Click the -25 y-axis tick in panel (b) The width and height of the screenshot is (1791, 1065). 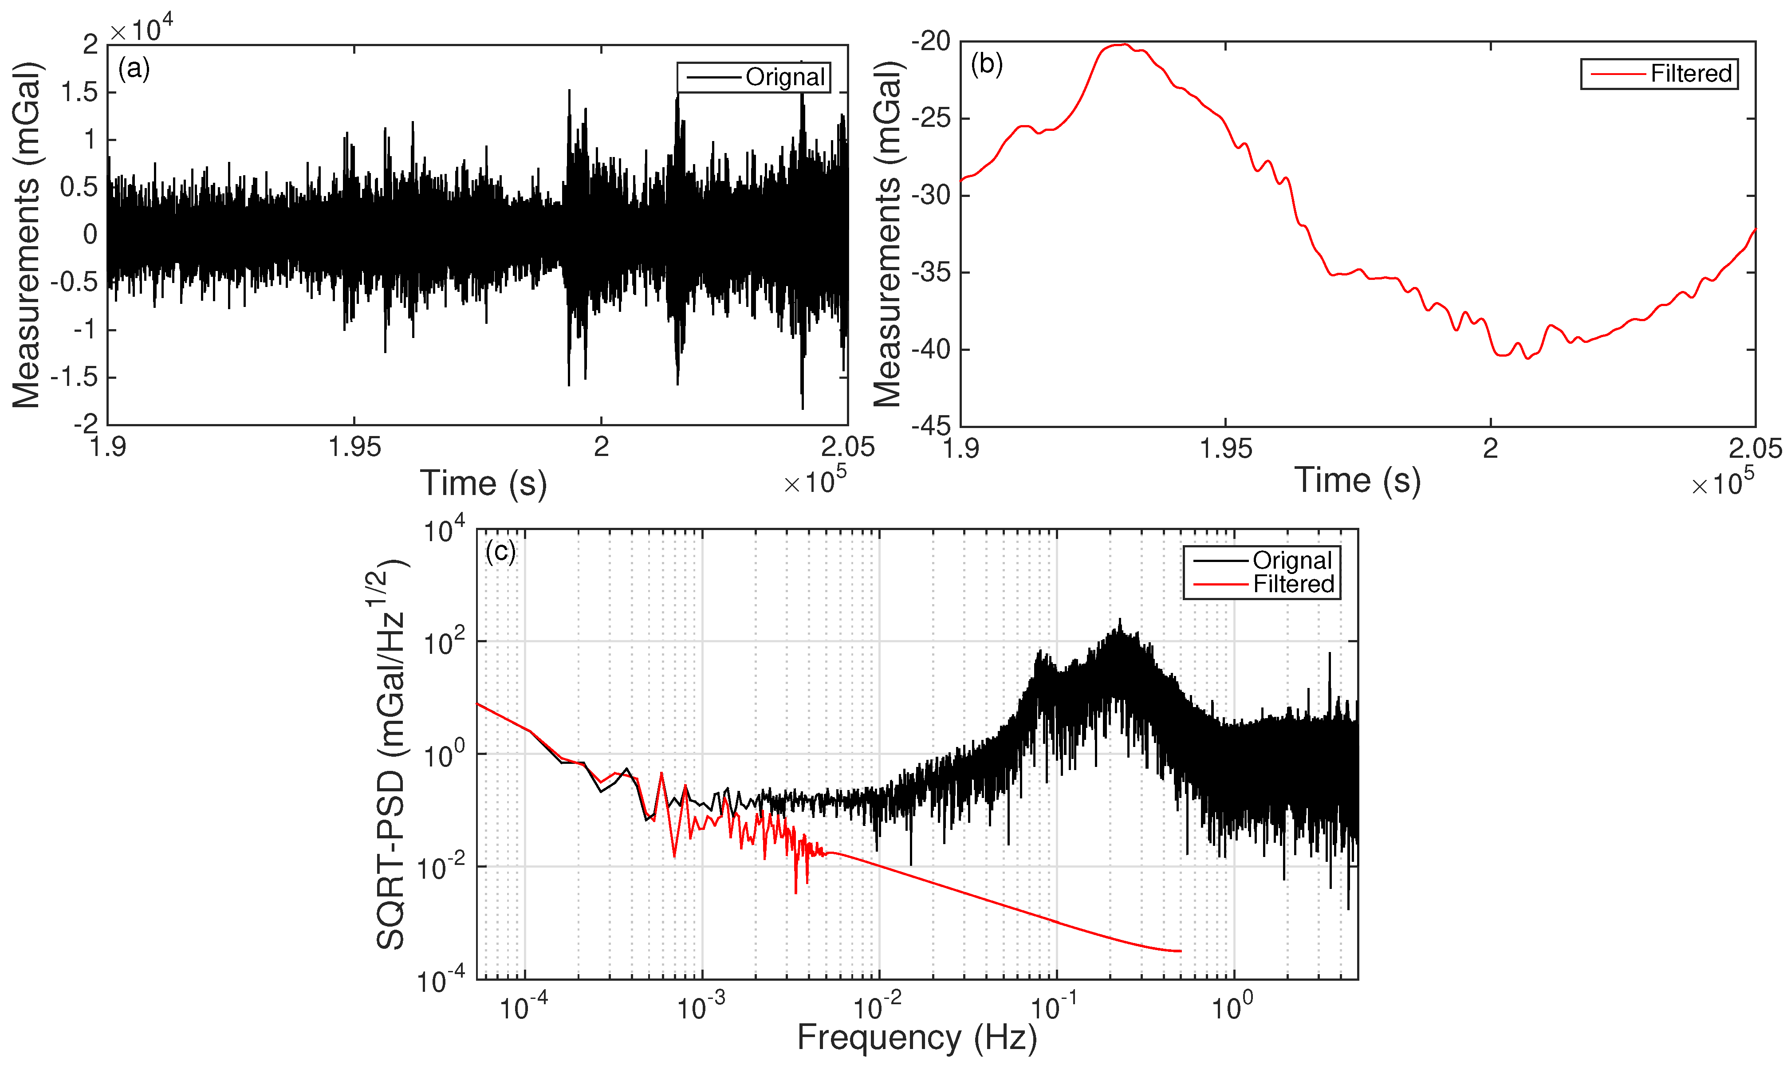coord(931,118)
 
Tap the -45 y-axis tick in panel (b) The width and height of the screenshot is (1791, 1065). coord(931,426)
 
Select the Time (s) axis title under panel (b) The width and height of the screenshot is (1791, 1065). coord(1357,480)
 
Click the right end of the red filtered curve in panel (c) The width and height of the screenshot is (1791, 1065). coord(1181,951)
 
